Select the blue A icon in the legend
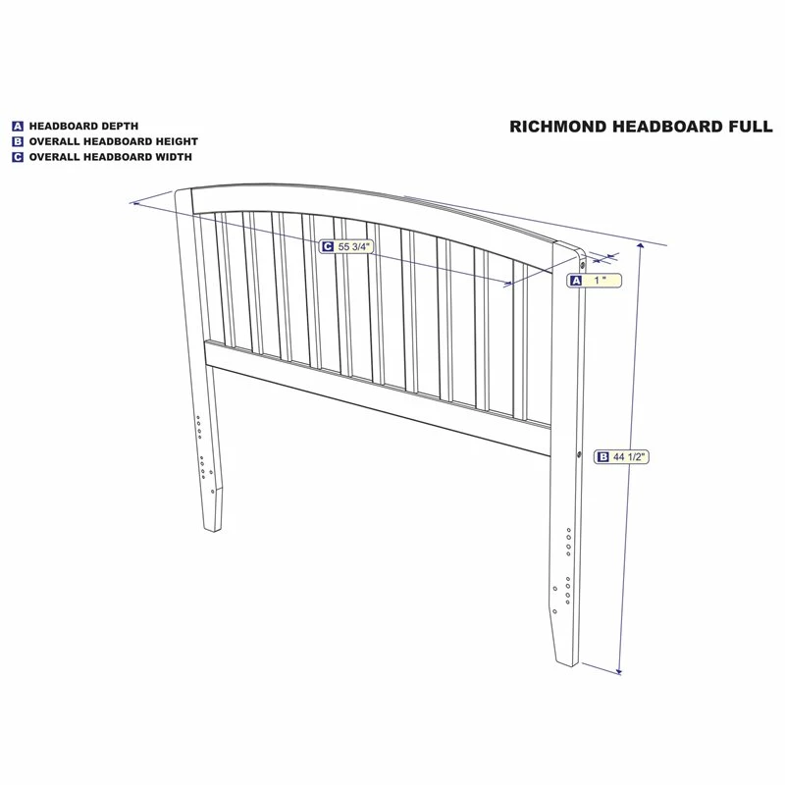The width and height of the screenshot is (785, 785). (x=18, y=127)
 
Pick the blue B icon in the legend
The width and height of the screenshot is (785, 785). (x=18, y=141)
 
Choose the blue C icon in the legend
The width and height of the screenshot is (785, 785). (x=18, y=157)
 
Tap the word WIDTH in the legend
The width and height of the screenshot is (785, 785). (x=174, y=157)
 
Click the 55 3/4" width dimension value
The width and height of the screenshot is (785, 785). (x=353, y=246)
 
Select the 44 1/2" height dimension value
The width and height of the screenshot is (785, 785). (x=629, y=456)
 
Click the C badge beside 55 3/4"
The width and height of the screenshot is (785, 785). (x=328, y=246)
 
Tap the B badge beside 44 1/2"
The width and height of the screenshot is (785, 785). (x=603, y=456)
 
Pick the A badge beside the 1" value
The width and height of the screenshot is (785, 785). (x=576, y=281)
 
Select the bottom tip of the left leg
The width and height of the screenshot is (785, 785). (x=213, y=531)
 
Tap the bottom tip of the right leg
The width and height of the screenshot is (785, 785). (x=569, y=666)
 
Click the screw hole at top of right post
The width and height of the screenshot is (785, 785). (x=582, y=263)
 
